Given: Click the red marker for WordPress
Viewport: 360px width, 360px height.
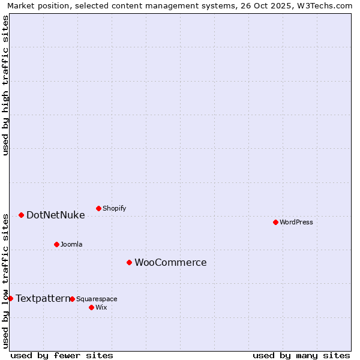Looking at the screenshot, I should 275,222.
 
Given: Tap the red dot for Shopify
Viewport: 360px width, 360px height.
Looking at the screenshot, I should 98,208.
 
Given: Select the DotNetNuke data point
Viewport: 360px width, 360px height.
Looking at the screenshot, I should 21,215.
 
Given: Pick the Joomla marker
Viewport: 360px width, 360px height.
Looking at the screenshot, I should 56,244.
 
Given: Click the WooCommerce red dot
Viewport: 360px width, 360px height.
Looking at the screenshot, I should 129,262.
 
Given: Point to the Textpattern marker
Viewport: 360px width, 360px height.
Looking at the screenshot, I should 10,298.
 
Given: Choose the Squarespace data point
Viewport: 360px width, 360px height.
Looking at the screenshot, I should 72,299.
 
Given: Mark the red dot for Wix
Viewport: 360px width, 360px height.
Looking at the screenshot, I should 91,307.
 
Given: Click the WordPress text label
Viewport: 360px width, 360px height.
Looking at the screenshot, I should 296,222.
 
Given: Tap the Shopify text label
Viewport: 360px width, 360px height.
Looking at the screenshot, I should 114,208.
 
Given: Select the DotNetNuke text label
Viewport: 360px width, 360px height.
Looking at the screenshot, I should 55,215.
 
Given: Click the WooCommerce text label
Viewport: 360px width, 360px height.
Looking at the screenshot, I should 170,262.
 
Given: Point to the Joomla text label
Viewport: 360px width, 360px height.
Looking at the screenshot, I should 71,244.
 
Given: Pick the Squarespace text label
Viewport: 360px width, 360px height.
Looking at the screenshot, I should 97,299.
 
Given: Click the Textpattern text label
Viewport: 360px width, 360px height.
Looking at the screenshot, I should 43,298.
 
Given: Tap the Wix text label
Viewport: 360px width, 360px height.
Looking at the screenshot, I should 101,307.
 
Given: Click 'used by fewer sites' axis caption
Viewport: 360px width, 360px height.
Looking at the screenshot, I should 62,355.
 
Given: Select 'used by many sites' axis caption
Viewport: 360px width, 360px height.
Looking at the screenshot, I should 301,355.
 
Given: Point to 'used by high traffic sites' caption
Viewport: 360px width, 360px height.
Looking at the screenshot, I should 5,85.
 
